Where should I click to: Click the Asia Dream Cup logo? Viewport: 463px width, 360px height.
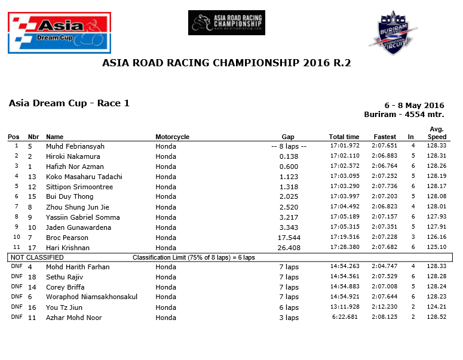59,34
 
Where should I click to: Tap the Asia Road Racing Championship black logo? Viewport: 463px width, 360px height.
226,23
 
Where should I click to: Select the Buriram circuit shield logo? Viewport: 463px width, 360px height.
392,33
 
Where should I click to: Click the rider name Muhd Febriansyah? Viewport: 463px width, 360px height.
75,146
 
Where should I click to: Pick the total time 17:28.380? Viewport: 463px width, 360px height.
344,248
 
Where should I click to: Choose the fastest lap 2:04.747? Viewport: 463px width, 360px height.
385,267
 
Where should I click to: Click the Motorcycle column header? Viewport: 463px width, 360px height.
172,137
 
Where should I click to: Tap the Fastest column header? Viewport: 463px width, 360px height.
385,137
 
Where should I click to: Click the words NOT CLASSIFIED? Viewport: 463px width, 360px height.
36,257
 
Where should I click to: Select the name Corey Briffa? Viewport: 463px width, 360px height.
65,287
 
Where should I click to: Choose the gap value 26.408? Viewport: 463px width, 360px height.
289,248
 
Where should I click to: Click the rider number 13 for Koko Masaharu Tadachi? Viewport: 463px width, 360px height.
32,177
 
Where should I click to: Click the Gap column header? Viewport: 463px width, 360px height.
288,137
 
